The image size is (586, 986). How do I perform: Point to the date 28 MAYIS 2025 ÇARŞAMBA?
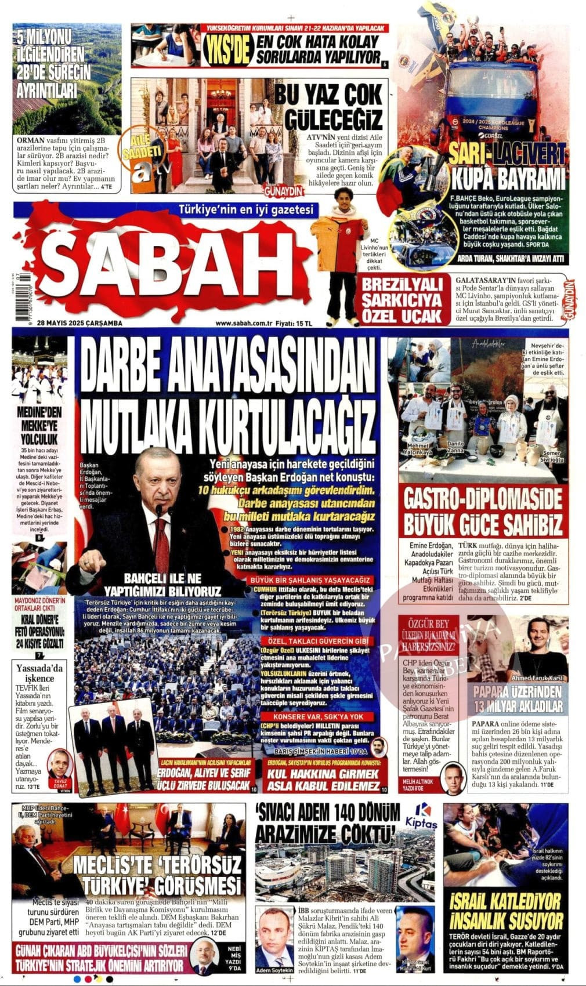[79, 323]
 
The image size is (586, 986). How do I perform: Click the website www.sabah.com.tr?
[243, 323]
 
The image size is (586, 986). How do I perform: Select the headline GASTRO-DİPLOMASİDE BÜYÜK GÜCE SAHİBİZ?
[483, 511]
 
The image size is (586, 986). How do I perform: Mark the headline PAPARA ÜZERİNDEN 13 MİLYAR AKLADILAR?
[517, 698]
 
